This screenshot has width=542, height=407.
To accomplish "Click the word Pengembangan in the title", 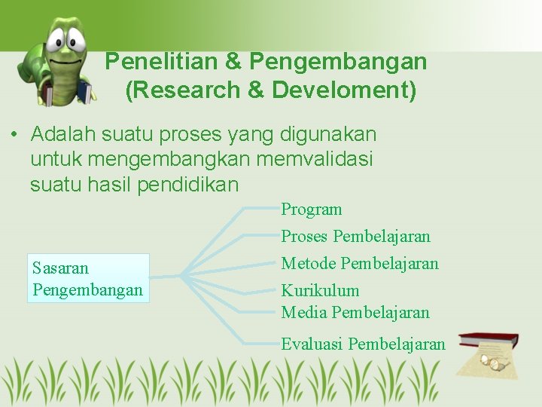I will tap(339, 62).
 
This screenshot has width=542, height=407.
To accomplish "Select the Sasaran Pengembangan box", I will tap(88, 278).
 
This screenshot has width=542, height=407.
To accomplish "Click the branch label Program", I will tap(312, 210).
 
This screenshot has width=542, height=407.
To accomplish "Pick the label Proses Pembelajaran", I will tap(356, 237).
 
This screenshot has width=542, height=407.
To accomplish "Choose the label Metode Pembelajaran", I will tap(360, 264).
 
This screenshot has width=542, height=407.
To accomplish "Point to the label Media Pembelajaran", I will tap(355, 312).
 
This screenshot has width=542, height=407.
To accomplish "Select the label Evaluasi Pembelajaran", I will tap(364, 344).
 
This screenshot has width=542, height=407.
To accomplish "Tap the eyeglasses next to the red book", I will tap(497, 366).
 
